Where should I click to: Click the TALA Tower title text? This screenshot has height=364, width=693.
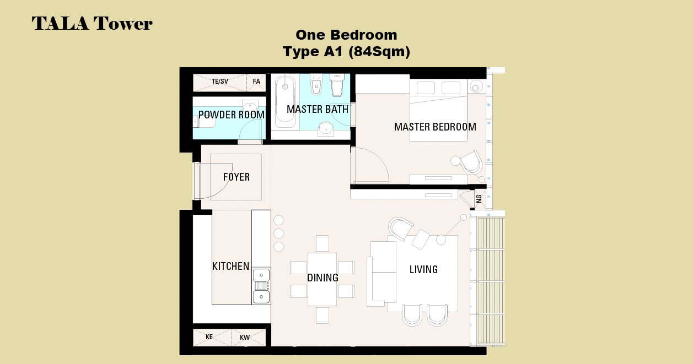[92, 24]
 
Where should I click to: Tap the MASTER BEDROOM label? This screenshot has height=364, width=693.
[435, 127]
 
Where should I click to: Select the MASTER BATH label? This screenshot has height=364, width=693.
[318, 110]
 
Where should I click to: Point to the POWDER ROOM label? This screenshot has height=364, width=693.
[232, 115]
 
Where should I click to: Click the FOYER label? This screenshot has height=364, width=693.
[237, 177]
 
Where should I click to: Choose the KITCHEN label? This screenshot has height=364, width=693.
[230, 267]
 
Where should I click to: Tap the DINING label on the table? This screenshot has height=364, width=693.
[323, 278]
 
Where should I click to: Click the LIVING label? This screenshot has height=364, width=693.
[423, 269]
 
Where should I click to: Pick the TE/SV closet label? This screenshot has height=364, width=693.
[219, 82]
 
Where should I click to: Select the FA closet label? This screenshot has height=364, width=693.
[256, 82]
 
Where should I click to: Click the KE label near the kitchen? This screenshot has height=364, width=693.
[209, 337]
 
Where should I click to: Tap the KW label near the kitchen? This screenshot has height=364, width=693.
[245, 338]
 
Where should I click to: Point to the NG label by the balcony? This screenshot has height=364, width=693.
[479, 199]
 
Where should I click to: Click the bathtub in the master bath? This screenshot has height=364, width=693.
[285, 102]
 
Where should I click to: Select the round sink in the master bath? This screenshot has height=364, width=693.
[326, 129]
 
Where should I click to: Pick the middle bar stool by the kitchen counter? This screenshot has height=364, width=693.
[278, 233]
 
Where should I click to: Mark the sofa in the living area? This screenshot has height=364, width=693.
[382, 272]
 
